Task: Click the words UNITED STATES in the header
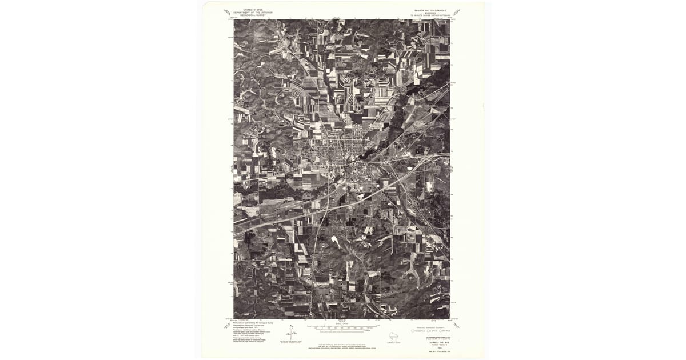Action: point(249,10)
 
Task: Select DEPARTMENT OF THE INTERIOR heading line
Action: point(249,13)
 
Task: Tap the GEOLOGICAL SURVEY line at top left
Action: point(249,15)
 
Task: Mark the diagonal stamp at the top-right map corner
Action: point(456,12)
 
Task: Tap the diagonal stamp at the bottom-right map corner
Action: point(456,326)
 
